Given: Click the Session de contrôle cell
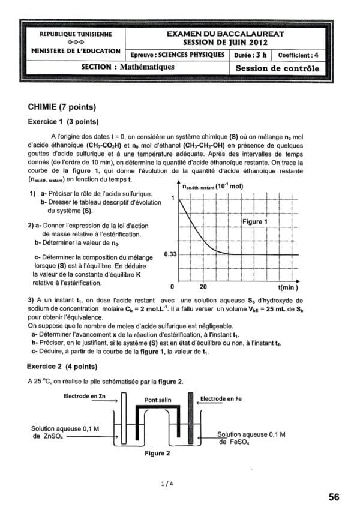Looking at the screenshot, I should [x=277, y=68].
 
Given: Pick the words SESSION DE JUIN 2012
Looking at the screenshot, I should [x=224, y=43].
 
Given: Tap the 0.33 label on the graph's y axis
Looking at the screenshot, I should [x=170, y=255].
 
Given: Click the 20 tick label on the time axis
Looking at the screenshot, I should [x=203, y=286].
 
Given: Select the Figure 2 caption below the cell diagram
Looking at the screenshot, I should [x=157, y=454].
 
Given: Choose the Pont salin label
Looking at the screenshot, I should [x=159, y=400].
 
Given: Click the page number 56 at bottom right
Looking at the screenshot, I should [x=334, y=497].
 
